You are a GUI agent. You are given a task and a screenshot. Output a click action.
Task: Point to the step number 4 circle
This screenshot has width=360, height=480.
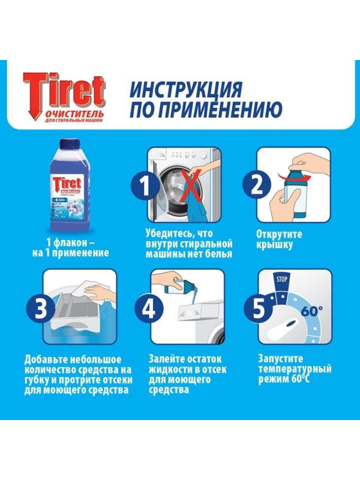[147, 309]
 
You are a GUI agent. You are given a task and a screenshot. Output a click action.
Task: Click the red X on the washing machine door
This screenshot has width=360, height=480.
[191, 187]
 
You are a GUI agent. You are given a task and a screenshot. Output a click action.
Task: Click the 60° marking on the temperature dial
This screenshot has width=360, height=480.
[313, 312]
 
